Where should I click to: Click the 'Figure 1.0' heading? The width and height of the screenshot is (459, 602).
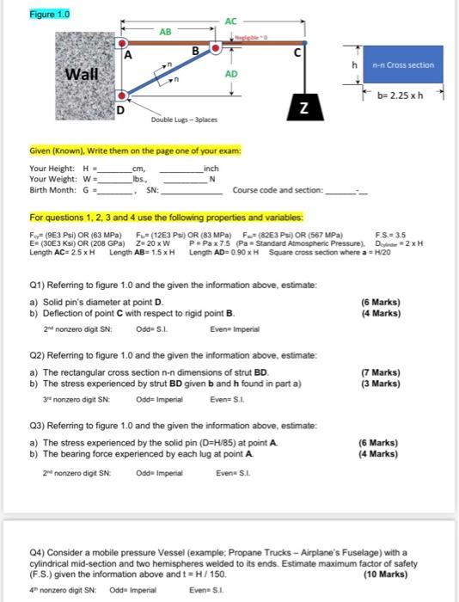tap(28, 14)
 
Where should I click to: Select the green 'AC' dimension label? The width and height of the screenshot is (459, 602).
tap(229, 21)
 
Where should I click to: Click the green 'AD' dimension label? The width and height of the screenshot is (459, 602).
tap(230, 74)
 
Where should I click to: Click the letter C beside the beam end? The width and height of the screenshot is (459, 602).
tap(297, 55)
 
